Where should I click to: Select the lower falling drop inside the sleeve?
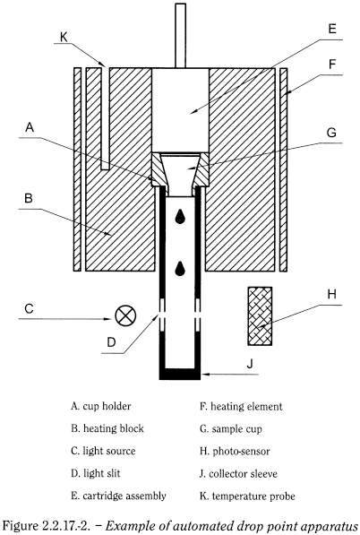[x=182, y=268]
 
